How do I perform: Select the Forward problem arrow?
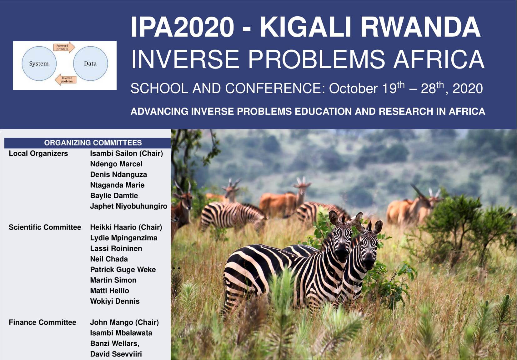[x=64, y=47]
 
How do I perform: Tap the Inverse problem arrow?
[x=66, y=80]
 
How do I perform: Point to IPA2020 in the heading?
[x=182, y=27]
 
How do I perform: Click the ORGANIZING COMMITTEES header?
[x=93, y=143]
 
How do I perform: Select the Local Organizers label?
[x=38, y=153]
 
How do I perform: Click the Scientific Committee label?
[x=45, y=227]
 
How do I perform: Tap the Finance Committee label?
[x=43, y=322]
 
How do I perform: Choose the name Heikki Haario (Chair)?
[x=126, y=227]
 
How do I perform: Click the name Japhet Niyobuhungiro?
[x=129, y=206]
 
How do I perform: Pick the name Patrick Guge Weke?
[x=123, y=270]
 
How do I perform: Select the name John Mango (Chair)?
[x=125, y=322]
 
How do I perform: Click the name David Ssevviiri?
[x=116, y=354]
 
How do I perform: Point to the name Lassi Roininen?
[x=116, y=248]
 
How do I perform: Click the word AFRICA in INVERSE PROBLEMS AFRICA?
[x=439, y=59]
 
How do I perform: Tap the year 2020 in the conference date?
[x=468, y=89]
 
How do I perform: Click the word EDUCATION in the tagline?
[x=323, y=111]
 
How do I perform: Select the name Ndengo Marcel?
[x=116, y=164]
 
